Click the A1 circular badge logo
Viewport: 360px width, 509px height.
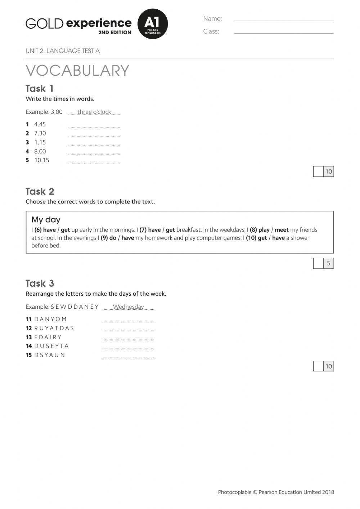coord(153,24)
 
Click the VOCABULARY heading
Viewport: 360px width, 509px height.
coord(77,71)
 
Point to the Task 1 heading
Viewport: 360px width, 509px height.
coord(40,89)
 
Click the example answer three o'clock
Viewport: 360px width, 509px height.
coord(94,112)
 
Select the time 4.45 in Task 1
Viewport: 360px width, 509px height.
coord(40,124)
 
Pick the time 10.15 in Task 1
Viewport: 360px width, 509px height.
coord(42,160)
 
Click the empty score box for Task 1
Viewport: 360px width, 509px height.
coord(318,171)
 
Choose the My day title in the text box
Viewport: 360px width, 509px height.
coord(46,220)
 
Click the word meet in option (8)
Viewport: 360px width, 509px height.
coord(282,230)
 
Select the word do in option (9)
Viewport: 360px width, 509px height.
coord(113,238)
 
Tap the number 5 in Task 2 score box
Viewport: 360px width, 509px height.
coord(328,263)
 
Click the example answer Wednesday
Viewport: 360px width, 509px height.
coord(128,307)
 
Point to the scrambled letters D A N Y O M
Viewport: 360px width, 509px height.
coord(50,319)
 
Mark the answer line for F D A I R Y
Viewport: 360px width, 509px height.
coord(128,339)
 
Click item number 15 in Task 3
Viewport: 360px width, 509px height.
coord(29,355)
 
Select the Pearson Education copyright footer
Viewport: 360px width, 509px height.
coord(276,492)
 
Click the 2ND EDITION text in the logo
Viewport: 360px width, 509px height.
coord(114,32)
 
